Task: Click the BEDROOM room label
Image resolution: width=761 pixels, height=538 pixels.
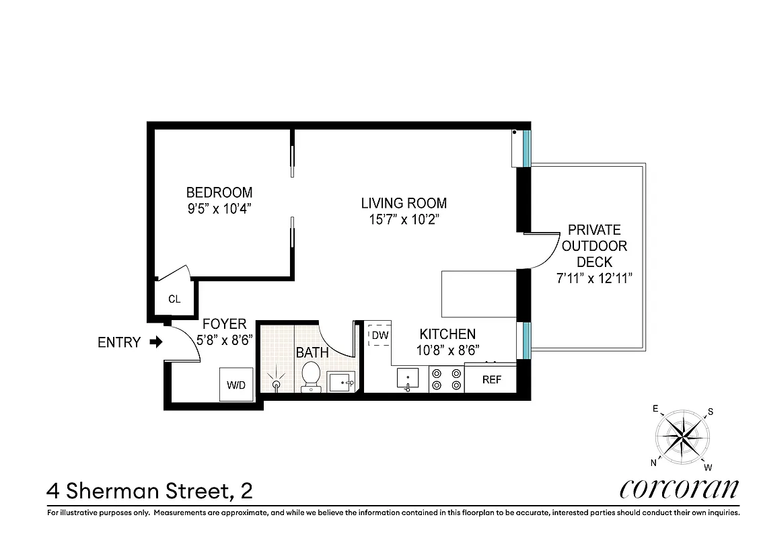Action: [x=219, y=192]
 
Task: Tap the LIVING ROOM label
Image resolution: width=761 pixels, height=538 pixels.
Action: [x=404, y=203]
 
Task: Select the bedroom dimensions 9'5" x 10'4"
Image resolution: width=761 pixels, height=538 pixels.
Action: [x=219, y=208]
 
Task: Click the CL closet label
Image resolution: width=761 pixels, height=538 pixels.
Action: [x=174, y=299]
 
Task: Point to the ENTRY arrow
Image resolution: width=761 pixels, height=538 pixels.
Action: [x=156, y=342]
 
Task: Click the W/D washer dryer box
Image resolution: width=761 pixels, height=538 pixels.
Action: [x=236, y=385]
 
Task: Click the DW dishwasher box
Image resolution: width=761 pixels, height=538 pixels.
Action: [x=380, y=335]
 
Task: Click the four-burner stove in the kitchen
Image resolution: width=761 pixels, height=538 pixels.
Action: [x=446, y=379]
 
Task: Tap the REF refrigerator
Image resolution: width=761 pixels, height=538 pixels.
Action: [x=492, y=379]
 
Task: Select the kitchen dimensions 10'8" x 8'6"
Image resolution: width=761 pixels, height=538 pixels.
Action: [x=447, y=350]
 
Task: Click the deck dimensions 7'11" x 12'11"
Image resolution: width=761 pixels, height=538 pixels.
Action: [x=595, y=278]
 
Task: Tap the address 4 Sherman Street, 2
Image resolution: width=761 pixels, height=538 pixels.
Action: [x=149, y=490]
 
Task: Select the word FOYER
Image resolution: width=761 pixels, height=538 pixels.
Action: [x=225, y=324]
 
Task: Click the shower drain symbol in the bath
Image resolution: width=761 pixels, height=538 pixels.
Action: [x=276, y=384]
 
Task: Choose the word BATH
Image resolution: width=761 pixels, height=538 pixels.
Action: [x=312, y=352]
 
